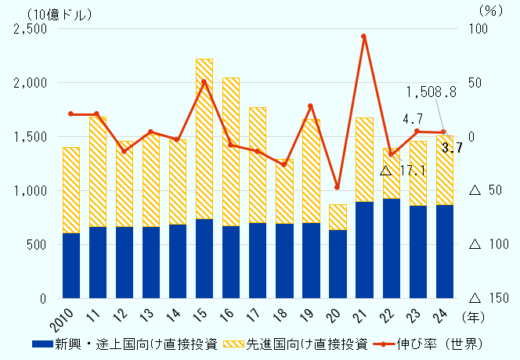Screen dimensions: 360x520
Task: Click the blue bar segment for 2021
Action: point(364,250)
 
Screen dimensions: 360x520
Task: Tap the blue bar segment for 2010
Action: point(71,265)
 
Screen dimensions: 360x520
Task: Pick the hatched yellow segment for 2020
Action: point(338,217)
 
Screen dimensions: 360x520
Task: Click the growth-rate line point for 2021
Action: point(364,36)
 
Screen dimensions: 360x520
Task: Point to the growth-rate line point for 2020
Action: point(338,188)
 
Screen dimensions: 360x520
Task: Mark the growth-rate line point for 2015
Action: point(204,81)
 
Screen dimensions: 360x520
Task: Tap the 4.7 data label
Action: point(413,119)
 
